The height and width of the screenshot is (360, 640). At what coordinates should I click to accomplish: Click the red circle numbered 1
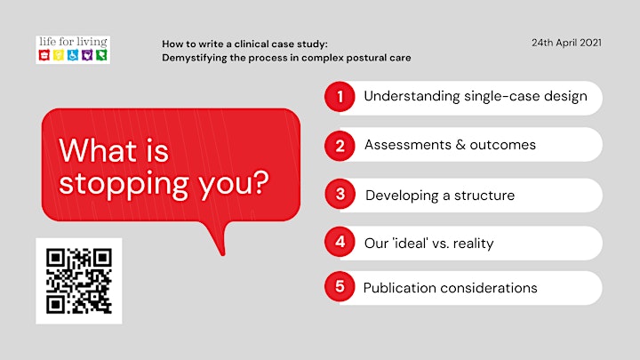(x=340, y=97)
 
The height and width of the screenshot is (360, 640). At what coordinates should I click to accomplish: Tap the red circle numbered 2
(x=340, y=146)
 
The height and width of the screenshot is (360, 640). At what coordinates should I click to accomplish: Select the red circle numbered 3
(x=340, y=194)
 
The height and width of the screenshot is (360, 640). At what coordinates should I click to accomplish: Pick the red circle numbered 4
(x=340, y=242)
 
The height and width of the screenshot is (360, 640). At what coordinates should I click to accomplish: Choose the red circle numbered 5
(x=340, y=286)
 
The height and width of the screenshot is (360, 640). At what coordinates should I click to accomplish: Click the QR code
(x=79, y=281)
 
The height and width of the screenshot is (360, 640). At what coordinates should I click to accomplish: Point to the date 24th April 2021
(x=566, y=43)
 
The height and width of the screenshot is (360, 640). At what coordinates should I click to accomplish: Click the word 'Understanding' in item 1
(x=412, y=97)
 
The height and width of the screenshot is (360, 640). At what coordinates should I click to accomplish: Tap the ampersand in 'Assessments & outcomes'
(x=460, y=145)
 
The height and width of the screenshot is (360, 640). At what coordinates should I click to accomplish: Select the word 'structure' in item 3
(x=484, y=196)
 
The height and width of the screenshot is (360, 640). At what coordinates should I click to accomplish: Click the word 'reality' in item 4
(x=473, y=244)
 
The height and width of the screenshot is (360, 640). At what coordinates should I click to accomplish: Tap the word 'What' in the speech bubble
(x=98, y=150)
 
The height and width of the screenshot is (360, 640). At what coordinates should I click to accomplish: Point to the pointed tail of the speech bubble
(x=222, y=254)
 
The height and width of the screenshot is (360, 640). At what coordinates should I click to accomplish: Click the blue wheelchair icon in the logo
(x=73, y=55)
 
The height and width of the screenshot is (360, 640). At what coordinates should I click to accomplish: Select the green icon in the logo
(x=101, y=55)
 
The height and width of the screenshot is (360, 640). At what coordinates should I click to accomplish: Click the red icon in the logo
(x=44, y=55)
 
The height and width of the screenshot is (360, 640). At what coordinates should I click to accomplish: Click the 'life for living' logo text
(x=73, y=42)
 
